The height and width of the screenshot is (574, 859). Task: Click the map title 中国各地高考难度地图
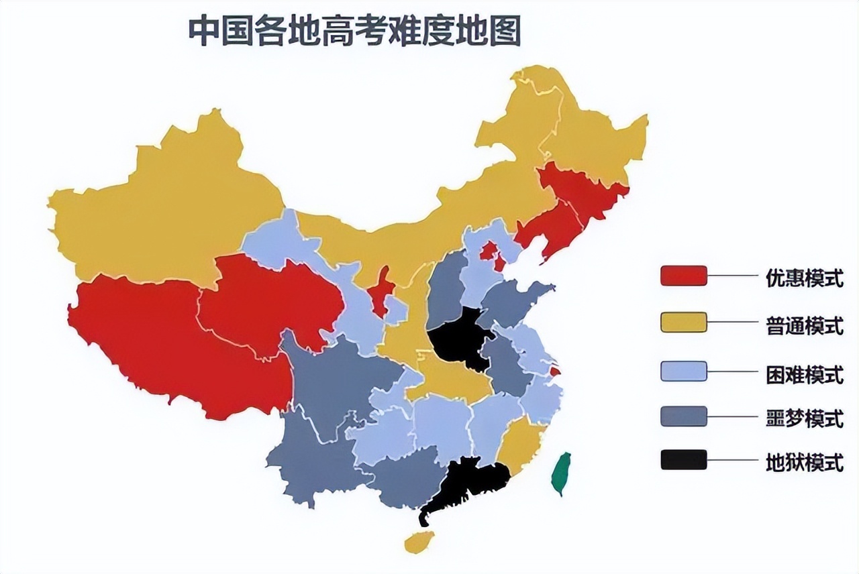[354, 32]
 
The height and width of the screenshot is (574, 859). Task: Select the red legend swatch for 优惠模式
[683, 276]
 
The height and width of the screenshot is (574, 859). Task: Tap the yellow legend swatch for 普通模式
[683, 323]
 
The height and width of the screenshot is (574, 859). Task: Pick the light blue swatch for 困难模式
[683, 371]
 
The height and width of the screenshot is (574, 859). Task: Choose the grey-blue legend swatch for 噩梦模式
[683, 416]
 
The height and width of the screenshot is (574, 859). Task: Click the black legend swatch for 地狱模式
[683, 460]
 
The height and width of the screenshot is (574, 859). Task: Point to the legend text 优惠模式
[804, 278]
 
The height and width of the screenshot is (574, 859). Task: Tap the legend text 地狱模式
[804, 462]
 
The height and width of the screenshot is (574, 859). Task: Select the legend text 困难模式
[804, 374]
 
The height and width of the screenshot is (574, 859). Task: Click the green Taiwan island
[561, 473]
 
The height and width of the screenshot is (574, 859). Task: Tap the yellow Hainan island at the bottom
[419, 541]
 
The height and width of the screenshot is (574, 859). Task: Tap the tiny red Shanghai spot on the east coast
[555, 371]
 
